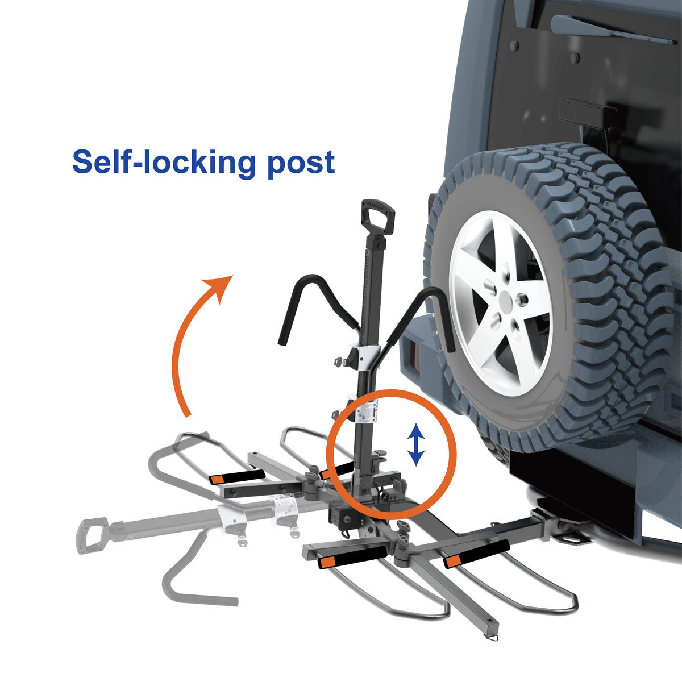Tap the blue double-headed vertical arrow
(x=417, y=444)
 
